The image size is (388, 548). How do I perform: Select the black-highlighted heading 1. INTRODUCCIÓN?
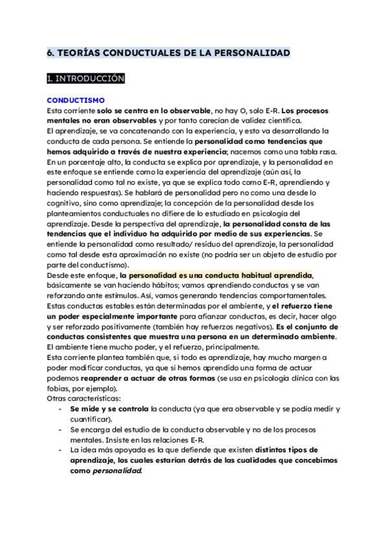point(85,79)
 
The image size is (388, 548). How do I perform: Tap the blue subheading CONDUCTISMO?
point(76,100)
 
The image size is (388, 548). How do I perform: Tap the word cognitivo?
point(67,203)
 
